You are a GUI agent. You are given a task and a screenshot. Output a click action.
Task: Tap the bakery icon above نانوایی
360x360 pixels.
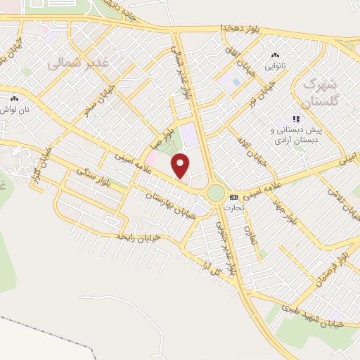tap(275, 56)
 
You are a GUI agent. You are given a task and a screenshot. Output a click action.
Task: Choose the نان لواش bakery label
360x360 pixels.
tap(15, 110)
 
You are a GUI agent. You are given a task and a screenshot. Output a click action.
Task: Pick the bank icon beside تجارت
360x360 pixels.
tap(233, 197)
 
